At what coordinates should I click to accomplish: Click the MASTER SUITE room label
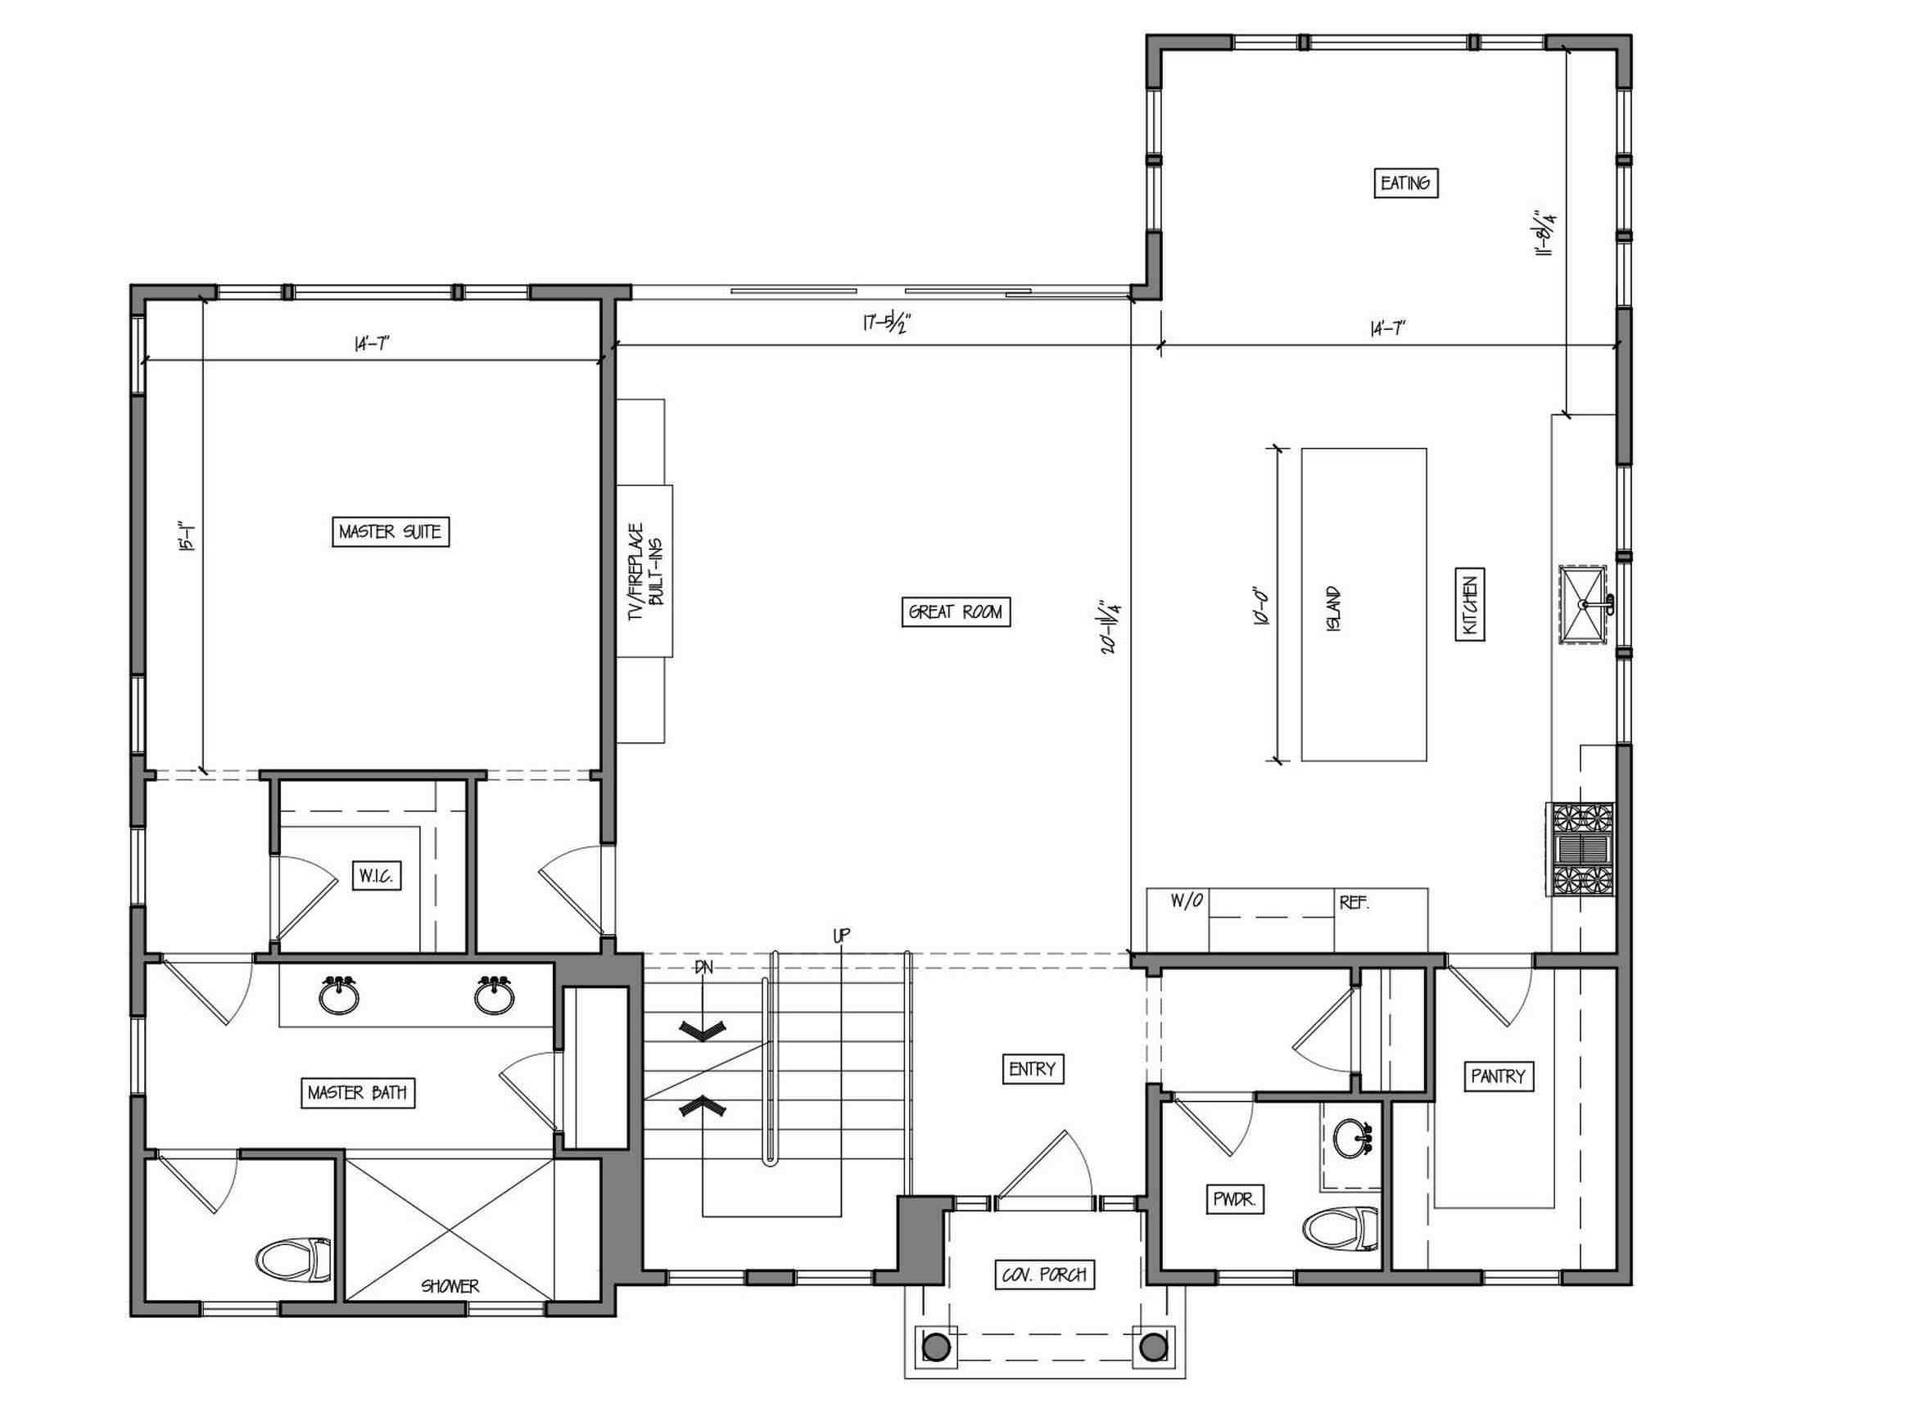(391, 532)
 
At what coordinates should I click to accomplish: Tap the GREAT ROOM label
(956, 612)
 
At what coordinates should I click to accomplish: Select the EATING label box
(1406, 183)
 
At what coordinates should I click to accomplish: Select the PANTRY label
(1498, 1076)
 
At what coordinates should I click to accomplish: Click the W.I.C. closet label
(376, 876)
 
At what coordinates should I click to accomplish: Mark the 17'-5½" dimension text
(888, 325)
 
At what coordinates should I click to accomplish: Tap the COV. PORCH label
(1044, 1275)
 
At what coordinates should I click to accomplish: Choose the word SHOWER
(450, 1286)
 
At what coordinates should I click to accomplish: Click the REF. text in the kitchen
(1354, 903)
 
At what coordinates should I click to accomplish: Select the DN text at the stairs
(703, 968)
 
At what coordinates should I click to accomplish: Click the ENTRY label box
(1033, 1069)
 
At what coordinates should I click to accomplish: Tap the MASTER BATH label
(358, 1093)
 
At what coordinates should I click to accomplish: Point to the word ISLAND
(1333, 608)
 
